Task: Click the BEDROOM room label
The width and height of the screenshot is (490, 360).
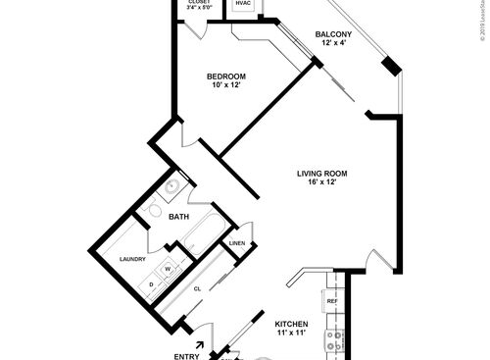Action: tap(225, 77)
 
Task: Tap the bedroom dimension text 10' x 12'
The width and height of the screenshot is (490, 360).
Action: tap(225, 86)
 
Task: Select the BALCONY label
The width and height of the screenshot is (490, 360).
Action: tap(334, 35)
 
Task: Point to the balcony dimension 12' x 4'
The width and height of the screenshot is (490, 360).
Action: tap(334, 45)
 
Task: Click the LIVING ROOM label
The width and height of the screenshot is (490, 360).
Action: tap(322, 174)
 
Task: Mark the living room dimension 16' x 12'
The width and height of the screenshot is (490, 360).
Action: tap(322, 183)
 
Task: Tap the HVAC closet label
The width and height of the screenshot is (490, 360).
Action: tap(243, 4)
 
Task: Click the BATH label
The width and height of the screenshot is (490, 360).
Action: tap(178, 216)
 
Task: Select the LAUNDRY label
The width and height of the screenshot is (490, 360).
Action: tap(132, 259)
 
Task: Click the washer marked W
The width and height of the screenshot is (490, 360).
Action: tap(167, 268)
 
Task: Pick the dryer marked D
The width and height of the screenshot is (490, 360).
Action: tap(152, 285)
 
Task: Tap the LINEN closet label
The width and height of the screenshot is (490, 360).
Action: tap(237, 243)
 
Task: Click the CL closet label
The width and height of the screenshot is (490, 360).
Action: tap(197, 288)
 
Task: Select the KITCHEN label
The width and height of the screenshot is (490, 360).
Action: tap(292, 324)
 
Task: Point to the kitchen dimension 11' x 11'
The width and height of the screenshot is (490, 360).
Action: tap(292, 334)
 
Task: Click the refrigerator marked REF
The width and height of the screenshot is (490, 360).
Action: tap(331, 300)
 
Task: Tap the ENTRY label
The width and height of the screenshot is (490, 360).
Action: tap(186, 355)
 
